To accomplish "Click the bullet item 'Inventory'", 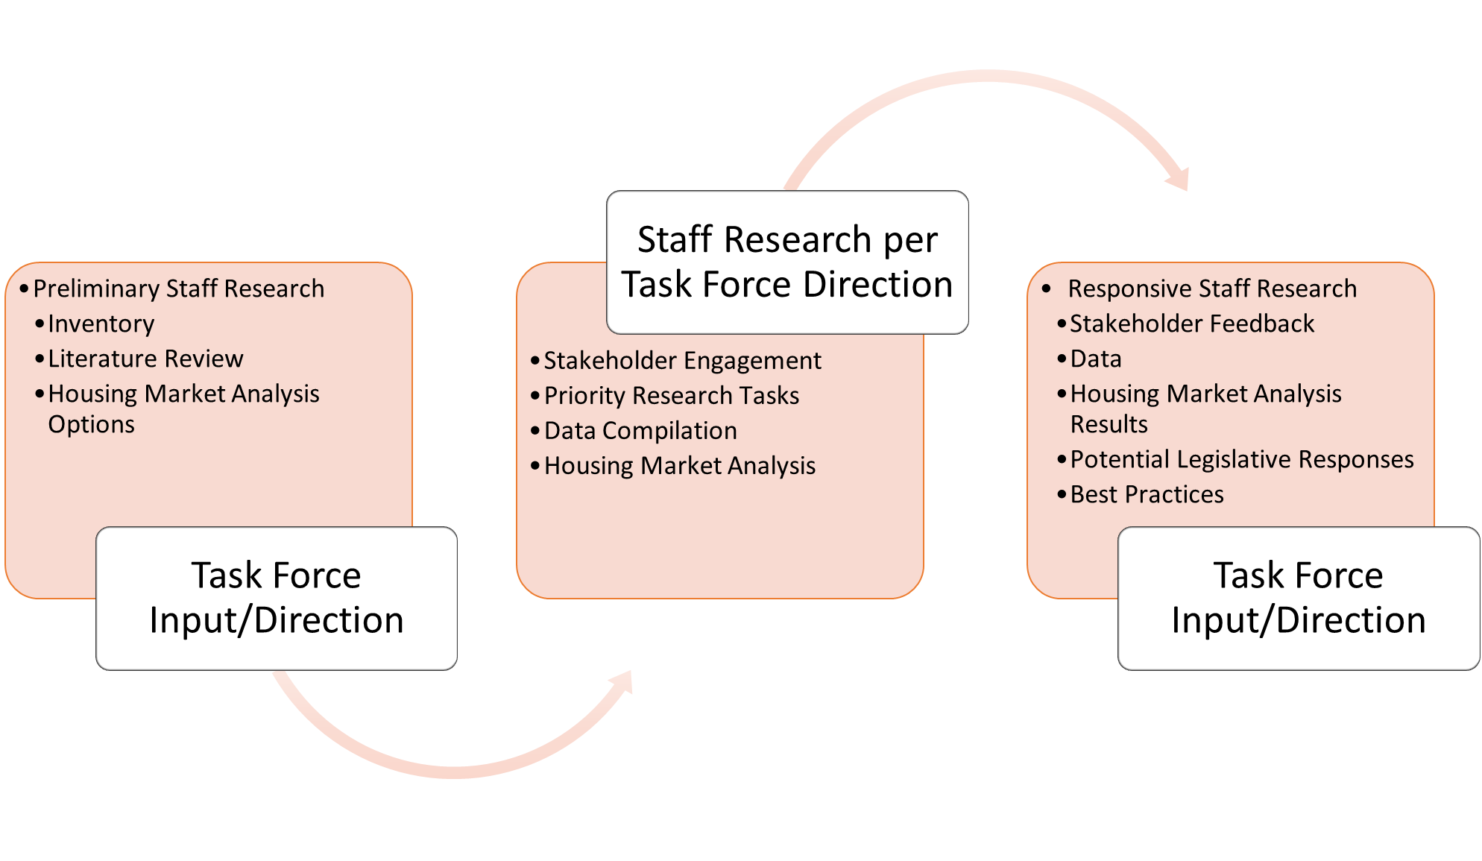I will (101, 324).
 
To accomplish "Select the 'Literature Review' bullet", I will (145, 359).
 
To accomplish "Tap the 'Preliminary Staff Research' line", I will (179, 289).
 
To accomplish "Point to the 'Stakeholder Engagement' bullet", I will (682, 361).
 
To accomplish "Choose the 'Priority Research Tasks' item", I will (671, 396).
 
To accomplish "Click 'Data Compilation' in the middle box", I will (640, 431).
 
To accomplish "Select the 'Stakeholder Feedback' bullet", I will (1191, 324).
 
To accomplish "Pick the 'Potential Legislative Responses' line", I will (1241, 460).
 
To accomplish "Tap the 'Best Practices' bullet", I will (1147, 495).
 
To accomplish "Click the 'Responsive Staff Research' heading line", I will (1211, 289).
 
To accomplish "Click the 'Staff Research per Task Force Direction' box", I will (787, 262).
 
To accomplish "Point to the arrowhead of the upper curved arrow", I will (1178, 179).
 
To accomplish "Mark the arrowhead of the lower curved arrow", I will (622, 682).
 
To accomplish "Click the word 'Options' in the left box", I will (91, 425).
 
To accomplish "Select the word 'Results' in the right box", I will (1109, 425).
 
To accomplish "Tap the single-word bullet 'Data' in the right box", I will (1095, 359).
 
